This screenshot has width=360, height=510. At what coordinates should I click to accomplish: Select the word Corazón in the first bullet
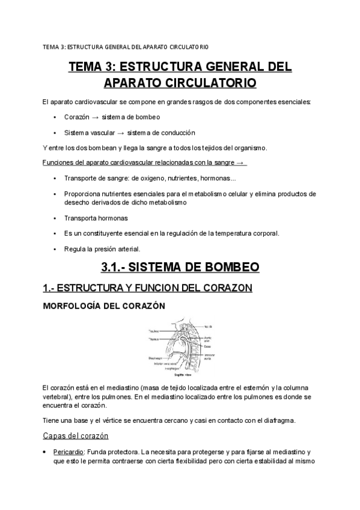coord(75,117)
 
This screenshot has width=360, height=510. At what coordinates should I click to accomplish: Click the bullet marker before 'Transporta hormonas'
coord(55,218)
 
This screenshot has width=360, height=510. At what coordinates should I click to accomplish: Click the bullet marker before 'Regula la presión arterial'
coord(55,249)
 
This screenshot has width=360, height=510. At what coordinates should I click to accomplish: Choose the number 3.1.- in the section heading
coord(117,266)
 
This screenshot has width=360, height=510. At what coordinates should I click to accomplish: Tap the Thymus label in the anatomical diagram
coord(156,339)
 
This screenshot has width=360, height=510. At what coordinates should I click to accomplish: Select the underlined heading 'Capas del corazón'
coord(75,435)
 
